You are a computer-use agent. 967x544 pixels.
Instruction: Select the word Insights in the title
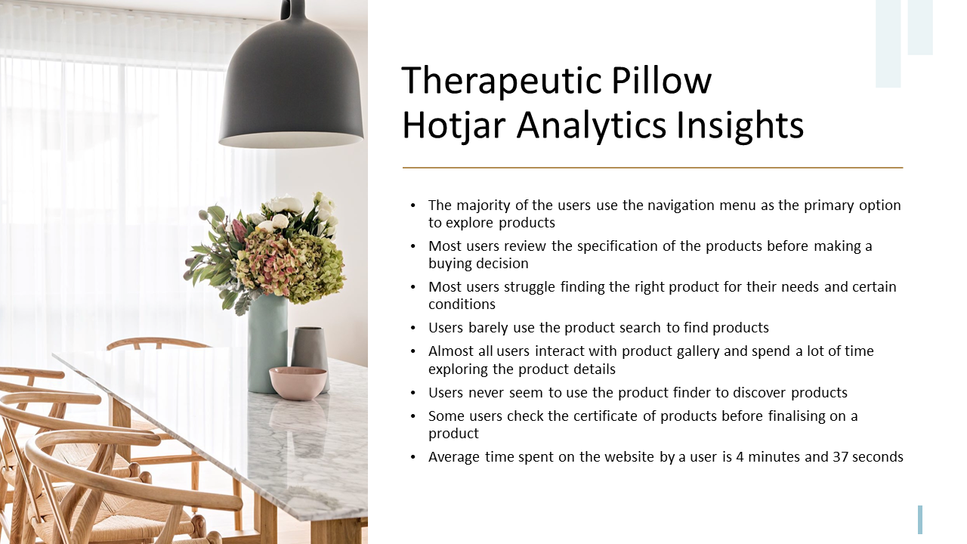740,125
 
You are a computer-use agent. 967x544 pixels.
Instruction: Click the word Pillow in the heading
661,80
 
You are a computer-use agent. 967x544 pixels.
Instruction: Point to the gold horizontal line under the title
653,168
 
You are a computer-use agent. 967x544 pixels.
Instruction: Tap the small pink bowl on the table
298,382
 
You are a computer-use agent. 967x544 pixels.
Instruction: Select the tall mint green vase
267,343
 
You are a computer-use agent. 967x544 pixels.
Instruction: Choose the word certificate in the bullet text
605,416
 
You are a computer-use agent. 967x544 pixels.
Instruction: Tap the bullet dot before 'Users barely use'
413,329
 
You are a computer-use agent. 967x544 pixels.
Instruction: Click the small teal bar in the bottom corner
920,520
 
